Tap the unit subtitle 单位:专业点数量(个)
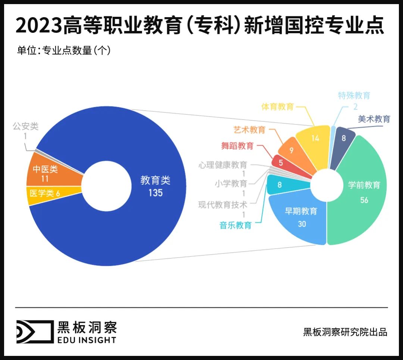coord(64,50)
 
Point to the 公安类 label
coord(25,126)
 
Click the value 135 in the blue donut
coord(155,193)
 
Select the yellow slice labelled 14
coord(315,140)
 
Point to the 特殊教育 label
coord(354,96)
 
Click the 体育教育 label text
coord(278,107)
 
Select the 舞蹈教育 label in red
coord(237,146)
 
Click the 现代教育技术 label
coord(222,205)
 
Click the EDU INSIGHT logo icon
coord(34,331)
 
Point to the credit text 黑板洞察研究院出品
coord(345,332)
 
